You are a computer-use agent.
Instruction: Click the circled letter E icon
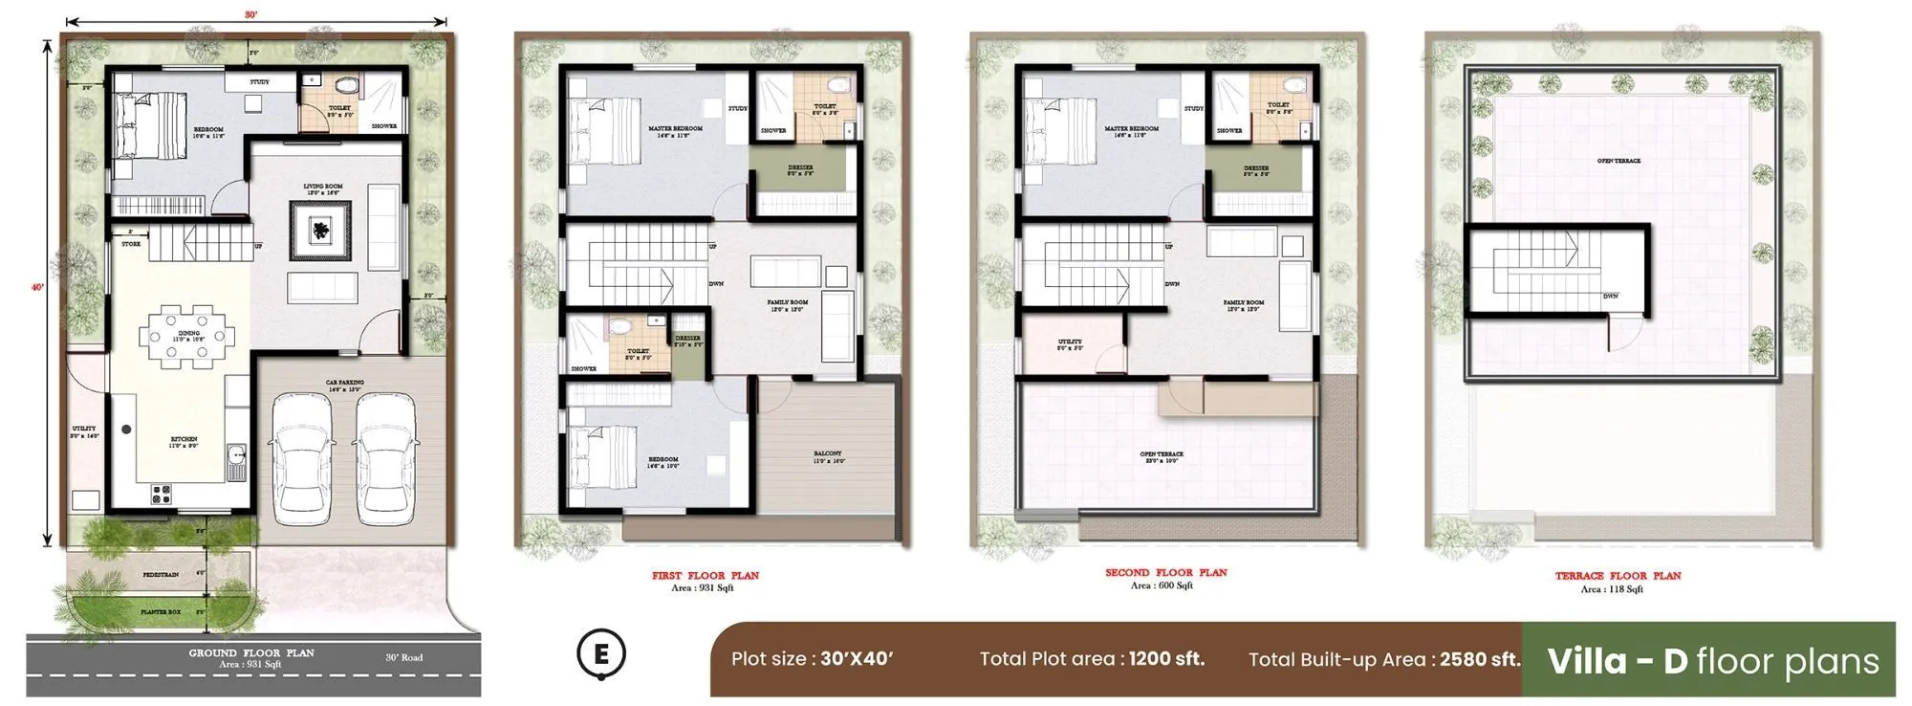601,655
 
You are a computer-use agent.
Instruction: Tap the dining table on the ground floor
187,336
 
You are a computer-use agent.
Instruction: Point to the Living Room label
323,187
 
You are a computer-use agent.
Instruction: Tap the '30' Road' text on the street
403,657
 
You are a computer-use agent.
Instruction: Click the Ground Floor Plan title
250,652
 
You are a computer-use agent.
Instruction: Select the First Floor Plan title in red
706,576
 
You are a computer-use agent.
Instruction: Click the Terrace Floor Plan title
1618,576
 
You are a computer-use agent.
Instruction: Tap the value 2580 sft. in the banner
1479,659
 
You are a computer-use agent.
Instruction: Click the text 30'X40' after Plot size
857,659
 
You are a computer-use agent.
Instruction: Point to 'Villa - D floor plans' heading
1712,661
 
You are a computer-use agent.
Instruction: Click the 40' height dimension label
36,287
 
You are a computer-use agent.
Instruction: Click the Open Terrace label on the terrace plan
1619,161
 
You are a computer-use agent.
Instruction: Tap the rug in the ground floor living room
321,231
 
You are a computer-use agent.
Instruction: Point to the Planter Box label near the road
161,611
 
